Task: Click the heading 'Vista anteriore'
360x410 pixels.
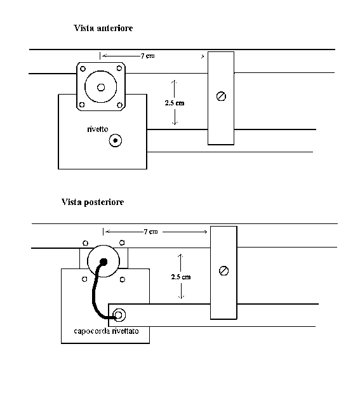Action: [x=103, y=28]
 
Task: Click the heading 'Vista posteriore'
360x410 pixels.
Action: [x=93, y=202]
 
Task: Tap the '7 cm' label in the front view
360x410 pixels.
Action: [x=147, y=56]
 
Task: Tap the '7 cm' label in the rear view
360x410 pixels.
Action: [x=150, y=232]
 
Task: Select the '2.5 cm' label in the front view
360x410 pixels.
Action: [x=175, y=103]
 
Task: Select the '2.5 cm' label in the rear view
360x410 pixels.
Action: [x=181, y=277]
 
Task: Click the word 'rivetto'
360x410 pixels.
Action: [x=98, y=129]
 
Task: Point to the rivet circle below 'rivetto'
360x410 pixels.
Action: [x=115, y=141]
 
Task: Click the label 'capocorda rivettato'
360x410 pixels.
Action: [x=106, y=331]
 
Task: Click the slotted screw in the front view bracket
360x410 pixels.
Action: [x=222, y=96]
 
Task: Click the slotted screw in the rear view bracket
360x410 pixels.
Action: [x=223, y=270]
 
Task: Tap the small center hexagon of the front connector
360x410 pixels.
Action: [x=101, y=88]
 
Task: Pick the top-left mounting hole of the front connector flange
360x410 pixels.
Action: [x=83, y=69]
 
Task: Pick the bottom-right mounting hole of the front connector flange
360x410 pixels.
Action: [x=119, y=105]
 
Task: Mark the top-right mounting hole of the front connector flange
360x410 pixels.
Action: [x=119, y=69]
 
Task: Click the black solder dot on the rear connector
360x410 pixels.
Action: [x=104, y=261]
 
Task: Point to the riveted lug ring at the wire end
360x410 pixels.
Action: [x=119, y=315]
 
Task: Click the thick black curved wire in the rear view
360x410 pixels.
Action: [x=93, y=290]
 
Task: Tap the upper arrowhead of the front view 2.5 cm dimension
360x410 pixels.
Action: [x=174, y=82]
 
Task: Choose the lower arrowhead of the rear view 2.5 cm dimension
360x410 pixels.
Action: [x=181, y=297]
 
